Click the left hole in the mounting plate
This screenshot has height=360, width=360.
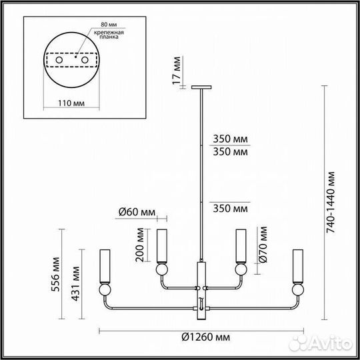(x=58, y=61)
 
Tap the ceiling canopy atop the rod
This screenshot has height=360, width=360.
(x=201, y=87)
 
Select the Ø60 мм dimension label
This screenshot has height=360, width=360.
(x=136, y=212)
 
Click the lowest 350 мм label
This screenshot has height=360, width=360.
(x=231, y=209)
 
